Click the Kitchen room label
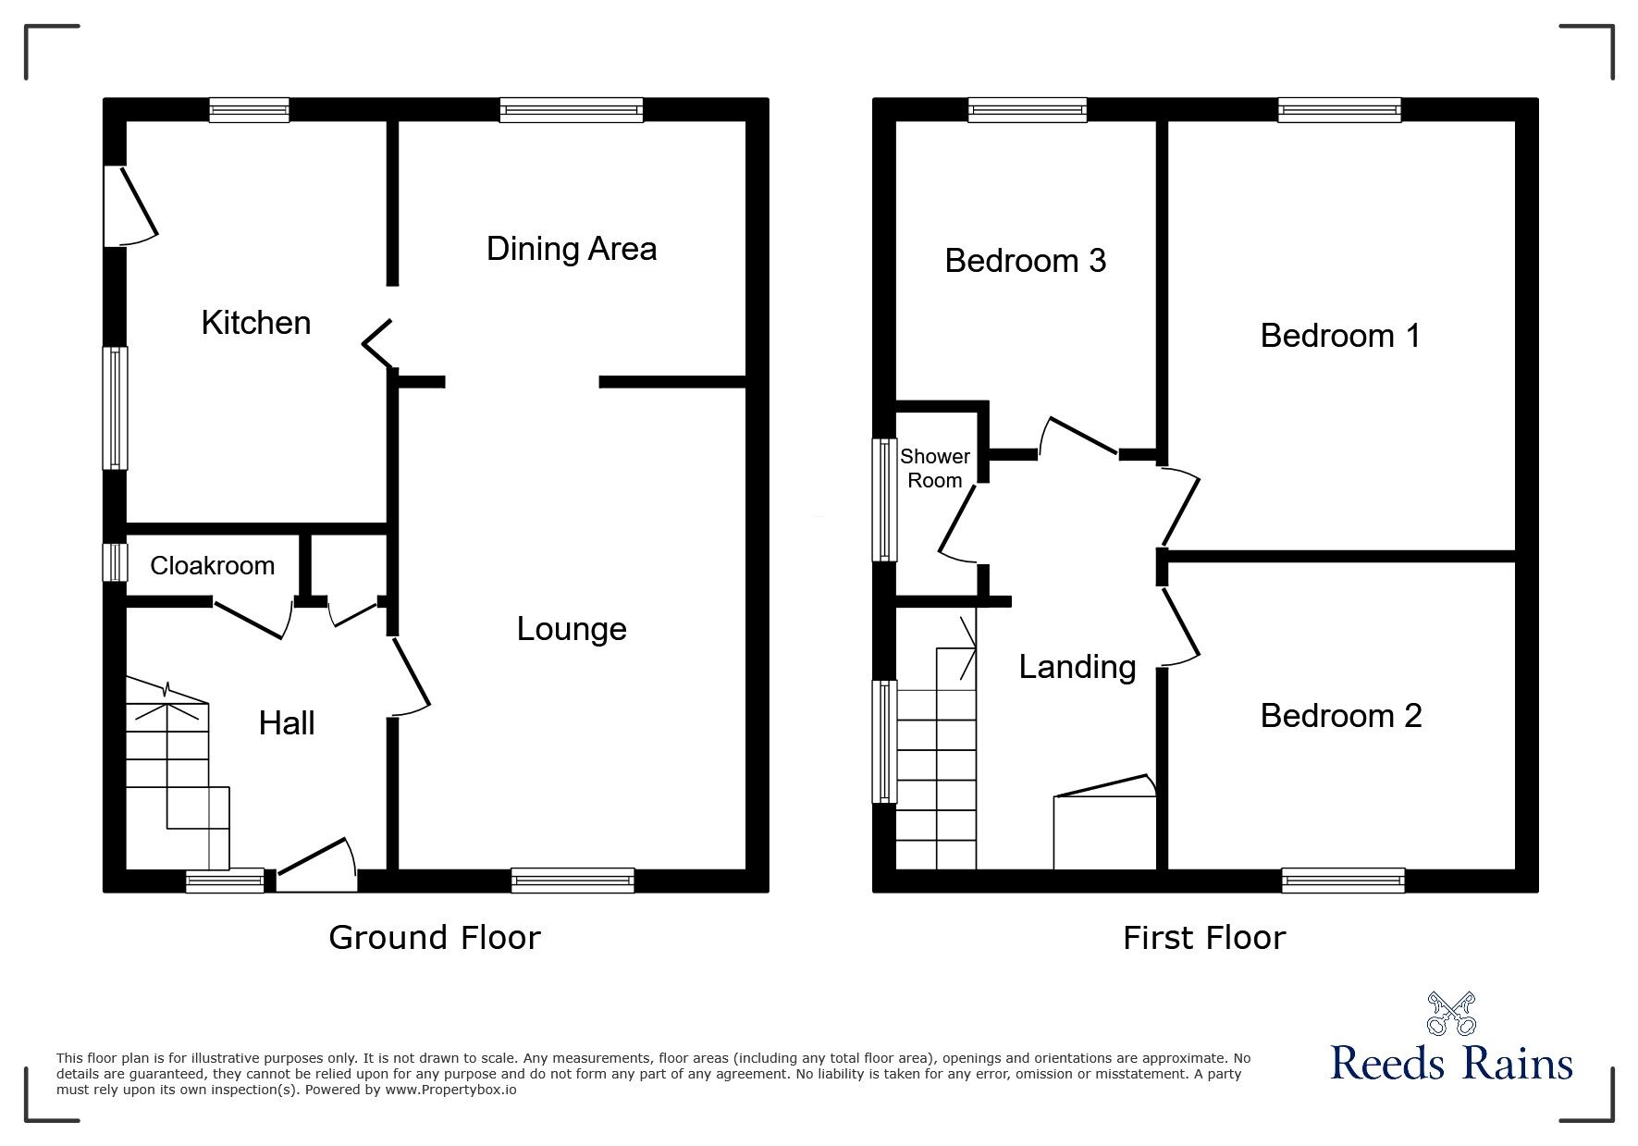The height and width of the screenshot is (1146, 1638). click(x=255, y=323)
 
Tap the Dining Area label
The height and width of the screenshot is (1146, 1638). click(x=572, y=249)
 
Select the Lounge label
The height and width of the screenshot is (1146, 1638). click(x=572, y=629)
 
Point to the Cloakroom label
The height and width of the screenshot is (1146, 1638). click(x=212, y=565)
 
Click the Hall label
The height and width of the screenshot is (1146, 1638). click(x=287, y=723)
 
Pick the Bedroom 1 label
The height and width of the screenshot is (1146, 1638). click(x=1340, y=335)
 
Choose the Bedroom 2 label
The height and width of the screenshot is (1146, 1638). click(x=1341, y=715)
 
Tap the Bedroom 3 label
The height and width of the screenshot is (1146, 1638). click(x=1025, y=261)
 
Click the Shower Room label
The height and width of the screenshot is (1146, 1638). click(x=935, y=468)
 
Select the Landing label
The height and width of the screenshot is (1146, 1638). click(x=1078, y=667)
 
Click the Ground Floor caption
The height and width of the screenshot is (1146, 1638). click(x=435, y=938)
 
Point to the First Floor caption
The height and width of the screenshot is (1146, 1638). click(x=1204, y=938)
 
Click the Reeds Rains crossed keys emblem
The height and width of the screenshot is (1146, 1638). click(x=1452, y=1014)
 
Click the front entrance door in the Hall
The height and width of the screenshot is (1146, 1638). click(x=316, y=866)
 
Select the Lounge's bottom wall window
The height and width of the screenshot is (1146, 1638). click(x=573, y=881)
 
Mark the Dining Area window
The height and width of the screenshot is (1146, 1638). click(x=572, y=110)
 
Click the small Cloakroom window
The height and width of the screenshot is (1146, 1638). click(x=115, y=561)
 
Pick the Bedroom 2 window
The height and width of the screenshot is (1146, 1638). click(x=1343, y=881)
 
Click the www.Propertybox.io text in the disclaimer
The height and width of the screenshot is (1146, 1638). click(x=450, y=1090)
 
